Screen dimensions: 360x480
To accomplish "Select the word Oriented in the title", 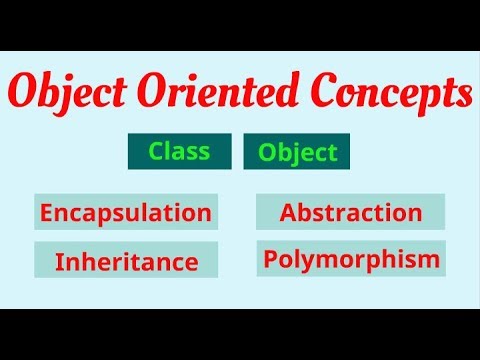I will [x=229, y=95].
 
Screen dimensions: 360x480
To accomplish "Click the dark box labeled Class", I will [x=179, y=152].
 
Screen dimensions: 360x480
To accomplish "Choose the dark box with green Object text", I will [x=297, y=153].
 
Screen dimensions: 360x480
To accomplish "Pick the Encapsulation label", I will [x=125, y=212].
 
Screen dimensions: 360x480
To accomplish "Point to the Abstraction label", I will [x=350, y=212].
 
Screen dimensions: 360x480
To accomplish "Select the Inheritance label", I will [x=125, y=262].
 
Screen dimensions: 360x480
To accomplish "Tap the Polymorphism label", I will [x=351, y=260].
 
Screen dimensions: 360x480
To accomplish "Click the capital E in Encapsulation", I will [x=45, y=212].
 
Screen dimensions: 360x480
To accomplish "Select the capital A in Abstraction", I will [x=289, y=212].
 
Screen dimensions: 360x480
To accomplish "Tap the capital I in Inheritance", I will [x=59, y=262].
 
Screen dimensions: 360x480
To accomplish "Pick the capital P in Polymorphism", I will [x=270, y=260].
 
